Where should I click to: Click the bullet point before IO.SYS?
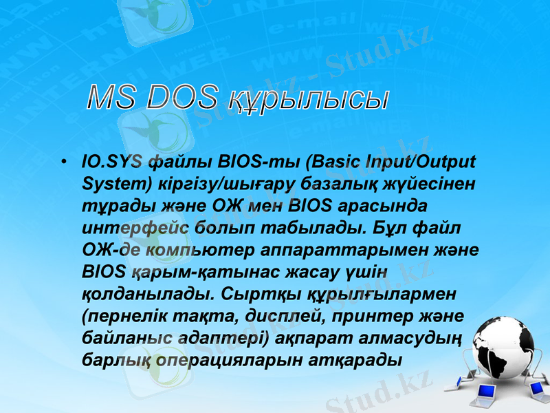[63, 164]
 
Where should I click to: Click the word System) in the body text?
[111, 184]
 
